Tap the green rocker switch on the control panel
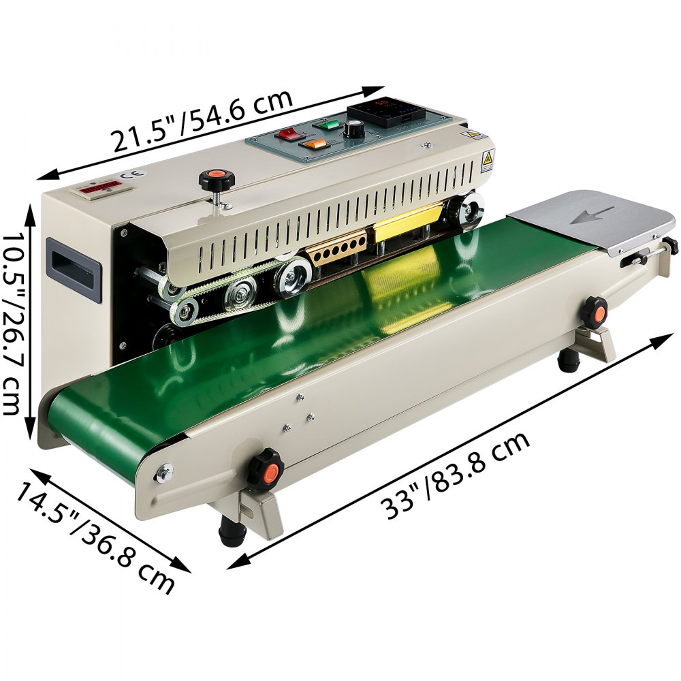coord(329,125)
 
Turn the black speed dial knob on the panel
coord(354,129)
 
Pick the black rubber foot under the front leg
coord(231,530)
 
